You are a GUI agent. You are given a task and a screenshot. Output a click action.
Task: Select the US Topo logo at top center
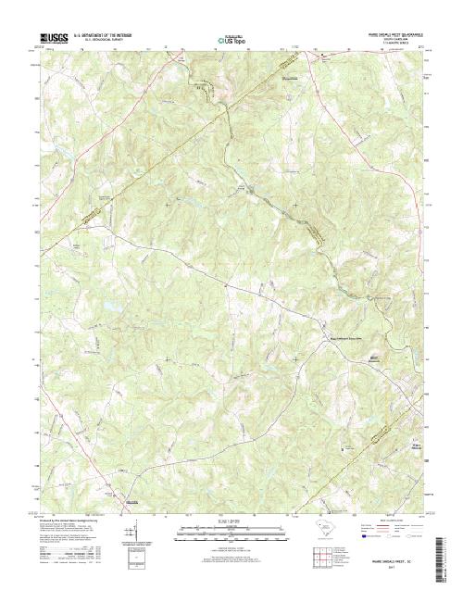coord(231,41)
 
